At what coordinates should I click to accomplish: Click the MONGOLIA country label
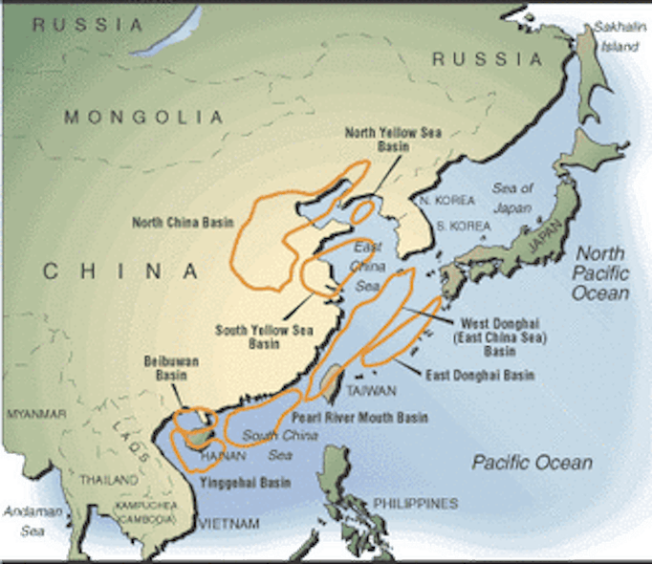143,117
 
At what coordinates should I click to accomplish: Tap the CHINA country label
120,271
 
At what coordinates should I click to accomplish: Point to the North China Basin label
180,223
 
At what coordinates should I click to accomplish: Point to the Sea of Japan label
513,196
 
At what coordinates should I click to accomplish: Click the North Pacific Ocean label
598,272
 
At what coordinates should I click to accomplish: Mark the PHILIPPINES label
416,503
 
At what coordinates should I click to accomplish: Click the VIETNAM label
228,523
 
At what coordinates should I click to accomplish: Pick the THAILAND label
109,479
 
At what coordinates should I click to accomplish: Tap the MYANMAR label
36,414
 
